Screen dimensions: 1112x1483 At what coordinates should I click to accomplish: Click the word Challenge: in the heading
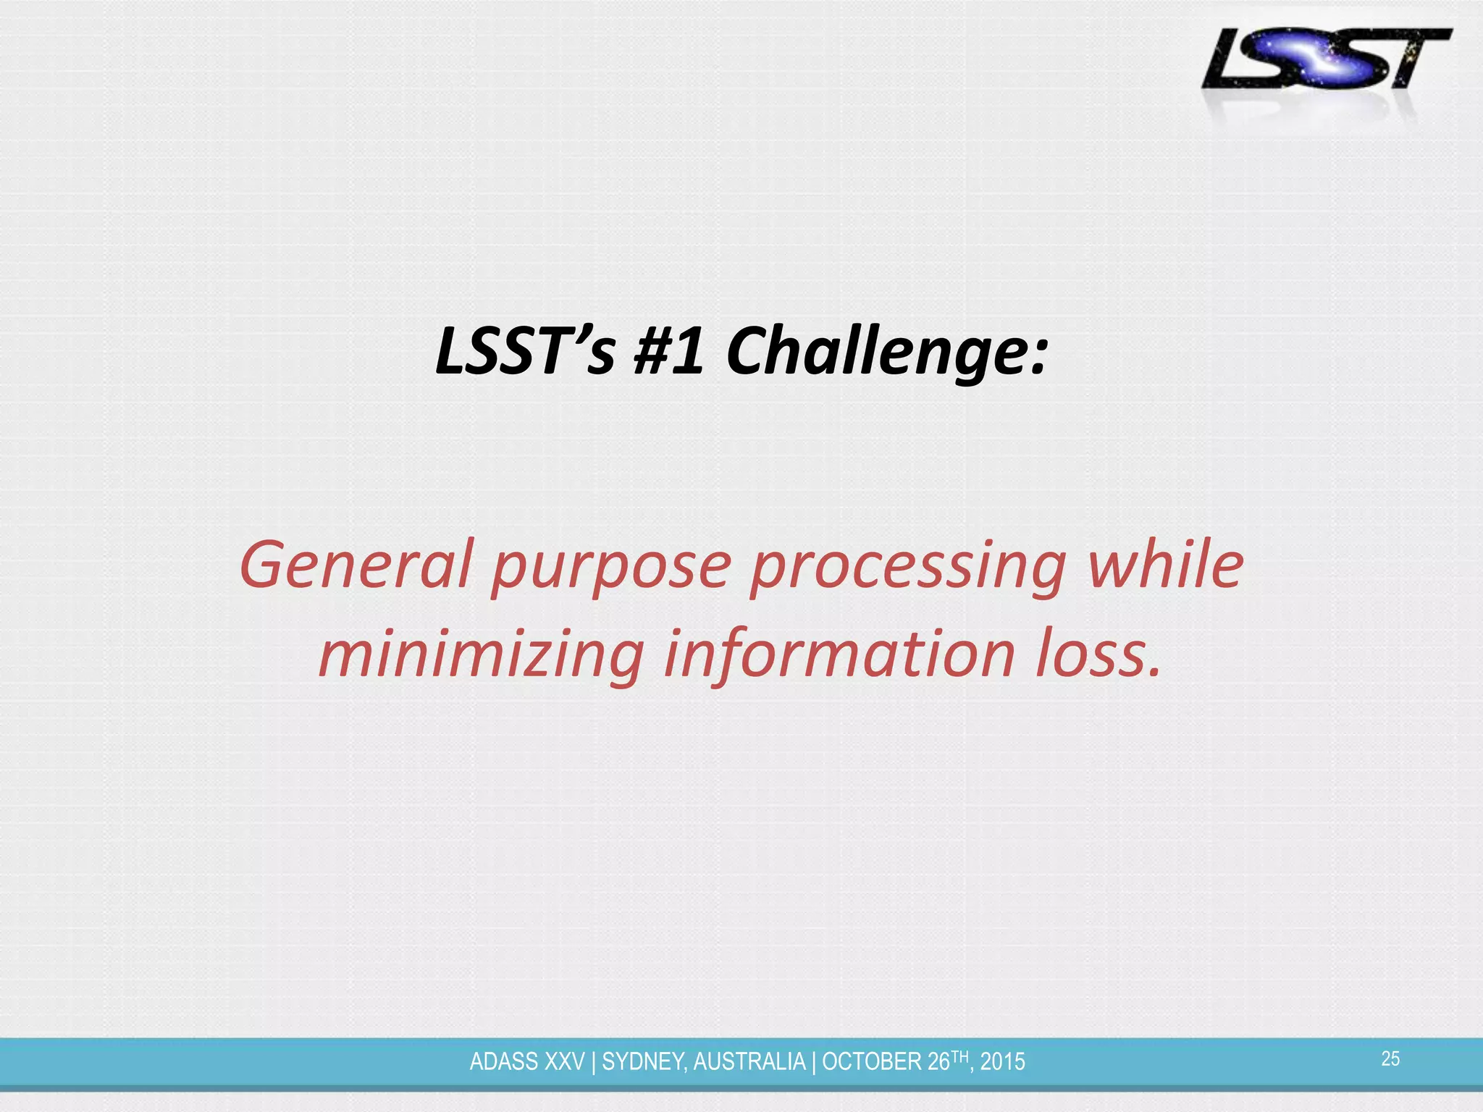tap(887, 351)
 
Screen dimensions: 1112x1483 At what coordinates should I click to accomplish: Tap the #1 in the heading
tap(668, 351)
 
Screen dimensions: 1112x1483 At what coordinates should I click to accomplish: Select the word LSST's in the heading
tap(526, 351)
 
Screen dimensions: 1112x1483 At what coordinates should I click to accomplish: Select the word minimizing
tap(482, 655)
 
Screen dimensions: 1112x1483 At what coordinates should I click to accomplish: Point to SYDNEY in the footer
tap(644, 1062)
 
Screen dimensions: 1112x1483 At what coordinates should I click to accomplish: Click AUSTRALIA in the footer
tap(749, 1062)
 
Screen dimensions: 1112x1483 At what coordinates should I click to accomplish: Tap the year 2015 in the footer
tap(1003, 1062)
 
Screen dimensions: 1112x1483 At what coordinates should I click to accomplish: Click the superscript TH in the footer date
tap(959, 1056)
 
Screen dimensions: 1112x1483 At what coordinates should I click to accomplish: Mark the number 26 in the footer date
tap(938, 1062)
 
